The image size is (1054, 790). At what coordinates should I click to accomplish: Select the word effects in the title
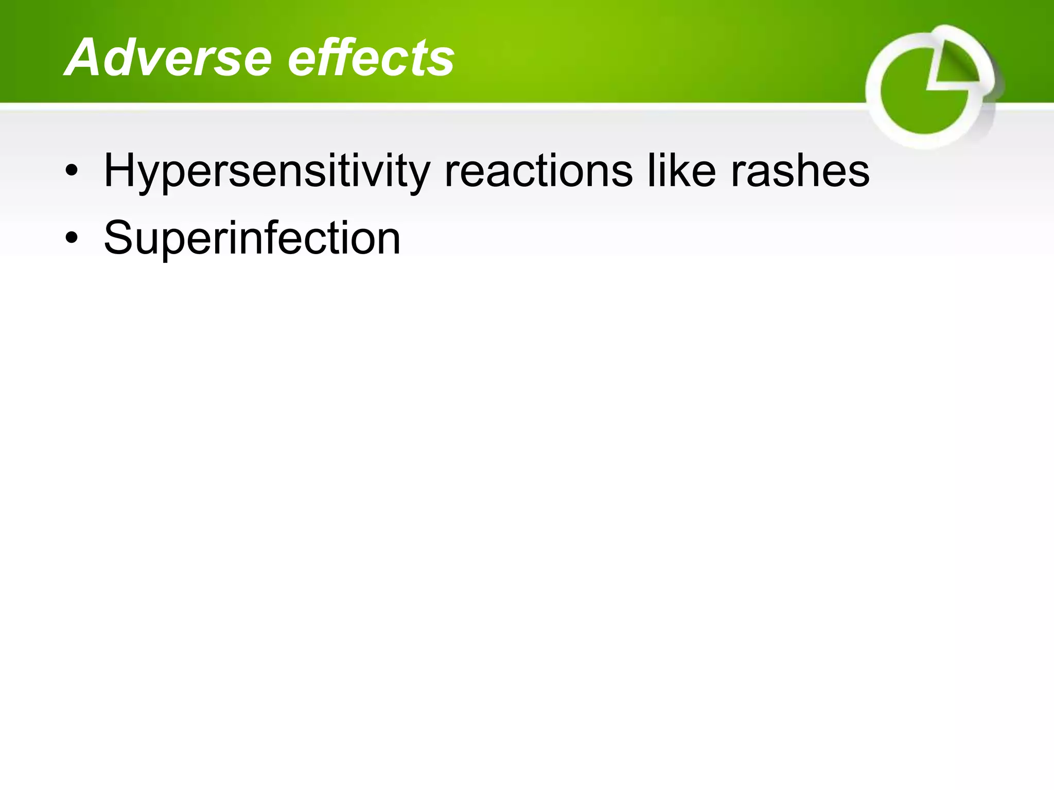tap(371, 58)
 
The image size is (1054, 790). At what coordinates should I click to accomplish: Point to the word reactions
tap(538, 171)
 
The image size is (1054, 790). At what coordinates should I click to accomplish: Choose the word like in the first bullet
tap(681, 171)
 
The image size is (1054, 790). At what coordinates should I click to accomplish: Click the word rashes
tap(800, 171)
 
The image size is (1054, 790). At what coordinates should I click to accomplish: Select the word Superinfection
tap(252, 238)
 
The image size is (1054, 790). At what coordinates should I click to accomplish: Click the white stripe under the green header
tap(463, 106)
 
